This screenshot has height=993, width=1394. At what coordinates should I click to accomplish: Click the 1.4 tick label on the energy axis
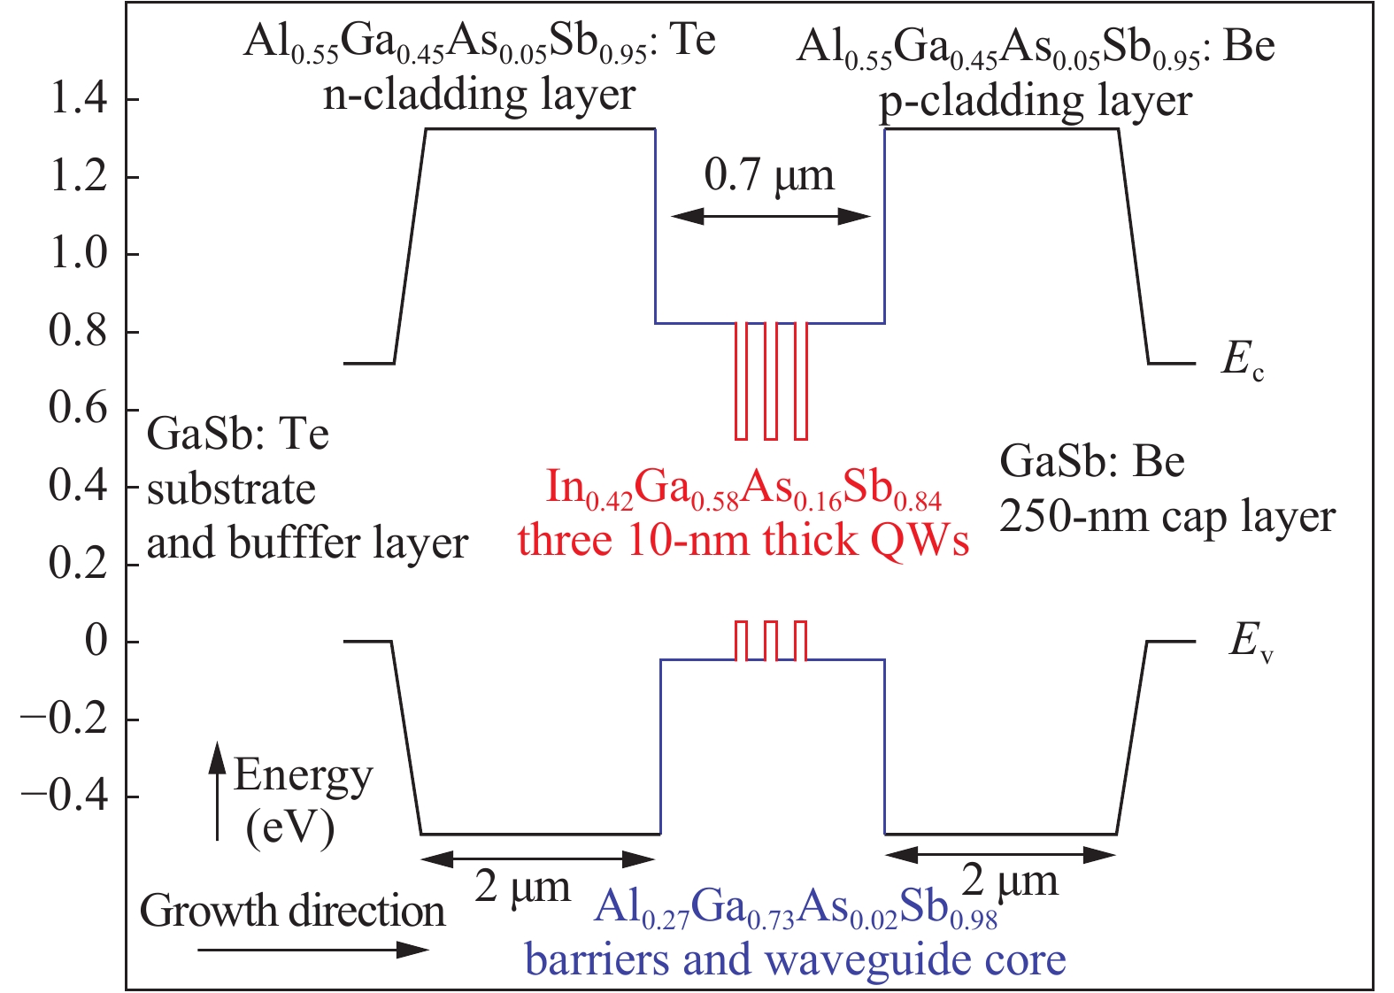(x=79, y=98)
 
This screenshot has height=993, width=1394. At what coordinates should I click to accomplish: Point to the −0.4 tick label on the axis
(x=65, y=797)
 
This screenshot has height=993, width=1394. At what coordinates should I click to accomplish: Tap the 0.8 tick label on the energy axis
(x=79, y=331)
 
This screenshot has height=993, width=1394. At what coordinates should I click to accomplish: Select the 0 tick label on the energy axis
(x=96, y=641)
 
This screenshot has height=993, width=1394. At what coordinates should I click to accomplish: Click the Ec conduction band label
(x=1242, y=360)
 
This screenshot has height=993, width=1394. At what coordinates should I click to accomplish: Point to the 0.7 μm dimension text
(x=769, y=174)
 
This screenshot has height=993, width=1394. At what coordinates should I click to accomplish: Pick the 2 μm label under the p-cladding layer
(x=1010, y=881)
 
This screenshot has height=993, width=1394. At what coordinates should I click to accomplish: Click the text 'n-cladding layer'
(x=479, y=94)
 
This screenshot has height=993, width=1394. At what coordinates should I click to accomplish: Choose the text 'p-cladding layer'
(x=1036, y=101)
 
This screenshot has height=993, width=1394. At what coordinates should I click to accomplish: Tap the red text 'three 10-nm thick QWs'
(x=743, y=540)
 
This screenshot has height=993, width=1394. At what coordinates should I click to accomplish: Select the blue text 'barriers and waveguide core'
(x=795, y=959)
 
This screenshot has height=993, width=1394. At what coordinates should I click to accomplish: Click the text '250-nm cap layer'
(x=1167, y=517)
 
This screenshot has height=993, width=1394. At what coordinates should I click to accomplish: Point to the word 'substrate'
(x=231, y=489)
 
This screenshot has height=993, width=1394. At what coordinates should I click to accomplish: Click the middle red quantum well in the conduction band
(x=771, y=381)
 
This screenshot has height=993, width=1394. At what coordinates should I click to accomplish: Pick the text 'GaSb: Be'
(x=1091, y=462)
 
